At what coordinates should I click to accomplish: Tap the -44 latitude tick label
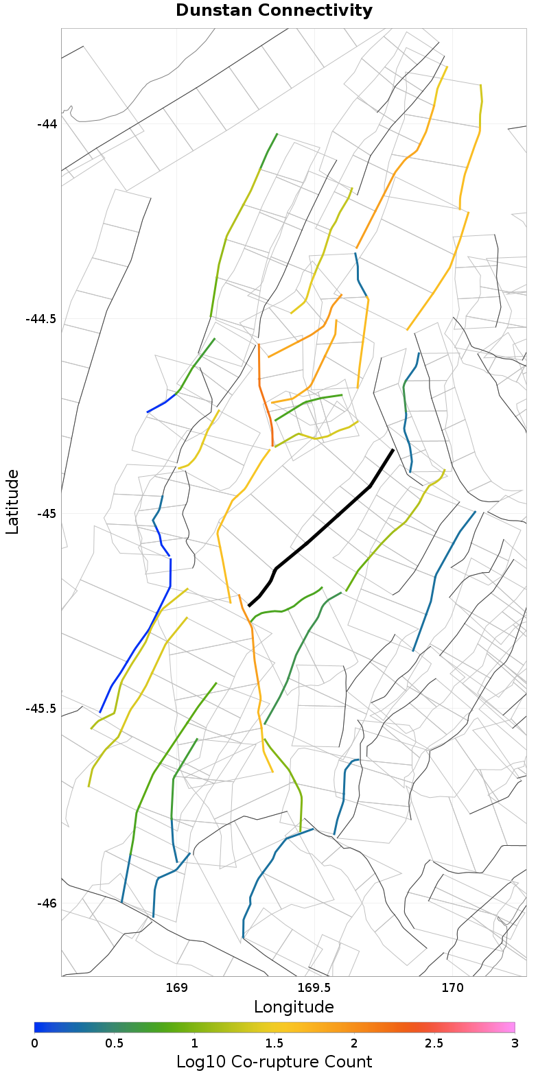(x=47, y=124)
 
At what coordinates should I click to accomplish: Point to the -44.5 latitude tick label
(x=41, y=319)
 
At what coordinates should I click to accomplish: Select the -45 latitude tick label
(x=47, y=514)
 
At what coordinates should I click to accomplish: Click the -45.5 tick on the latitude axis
(x=41, y=709)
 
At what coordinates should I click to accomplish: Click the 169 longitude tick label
(x=177, y=989)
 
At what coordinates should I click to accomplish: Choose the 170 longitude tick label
(x=453, y=989)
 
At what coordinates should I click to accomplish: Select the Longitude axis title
(x=294, y=1007)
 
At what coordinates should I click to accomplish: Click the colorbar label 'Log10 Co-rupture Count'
(x=274, y=1062)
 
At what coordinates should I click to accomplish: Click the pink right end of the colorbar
(x=509, y=1028)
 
